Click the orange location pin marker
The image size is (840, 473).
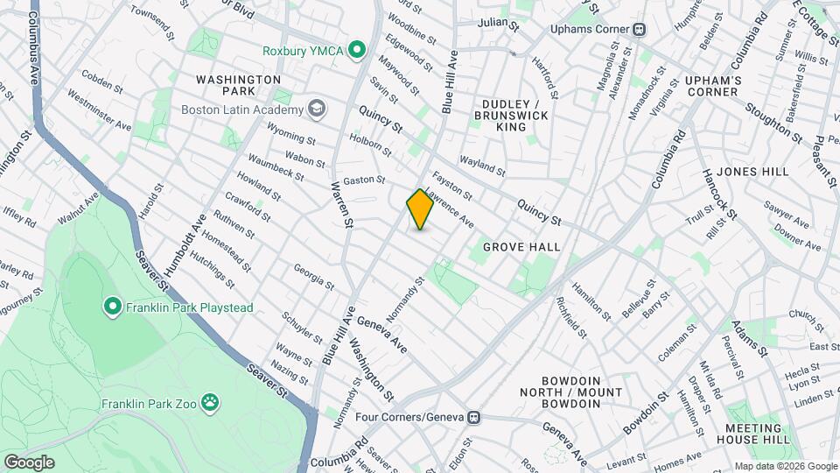tap(421, 209)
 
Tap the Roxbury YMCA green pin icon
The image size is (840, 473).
tap(356, 50)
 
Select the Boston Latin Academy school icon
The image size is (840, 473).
tap(316, 109)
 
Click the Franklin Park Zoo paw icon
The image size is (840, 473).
tap(210, 403)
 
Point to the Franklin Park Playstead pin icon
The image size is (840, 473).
tap(112, 307)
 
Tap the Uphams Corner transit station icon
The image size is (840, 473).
tap(640, 28)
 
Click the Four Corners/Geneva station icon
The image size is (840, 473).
tap(474, 417)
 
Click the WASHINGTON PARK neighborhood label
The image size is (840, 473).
tap(238, 85)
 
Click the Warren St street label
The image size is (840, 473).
tap(341, 206)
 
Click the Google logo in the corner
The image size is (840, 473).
tap(29, 462)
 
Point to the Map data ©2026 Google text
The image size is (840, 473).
tap(785, 466)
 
